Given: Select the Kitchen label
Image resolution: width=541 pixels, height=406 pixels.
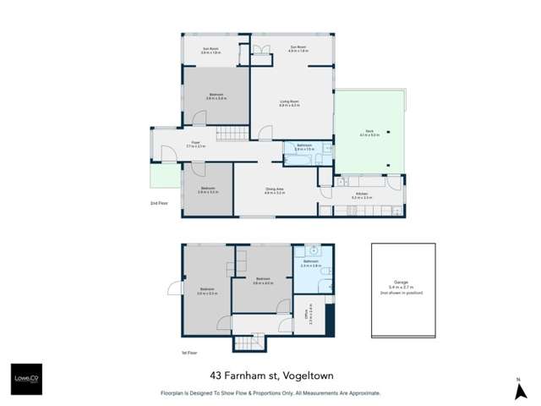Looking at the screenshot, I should click(362, 195).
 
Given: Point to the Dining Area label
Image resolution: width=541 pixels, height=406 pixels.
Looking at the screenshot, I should click(272, 193).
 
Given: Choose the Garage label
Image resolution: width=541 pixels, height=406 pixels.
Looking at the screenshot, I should click(402, 285).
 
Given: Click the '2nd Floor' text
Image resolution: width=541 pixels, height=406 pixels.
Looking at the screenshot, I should click(158, 204).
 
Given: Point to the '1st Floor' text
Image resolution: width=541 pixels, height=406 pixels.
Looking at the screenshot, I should click(189, 353).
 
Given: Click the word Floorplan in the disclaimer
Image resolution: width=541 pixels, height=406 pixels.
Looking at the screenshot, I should click(175, 393).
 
